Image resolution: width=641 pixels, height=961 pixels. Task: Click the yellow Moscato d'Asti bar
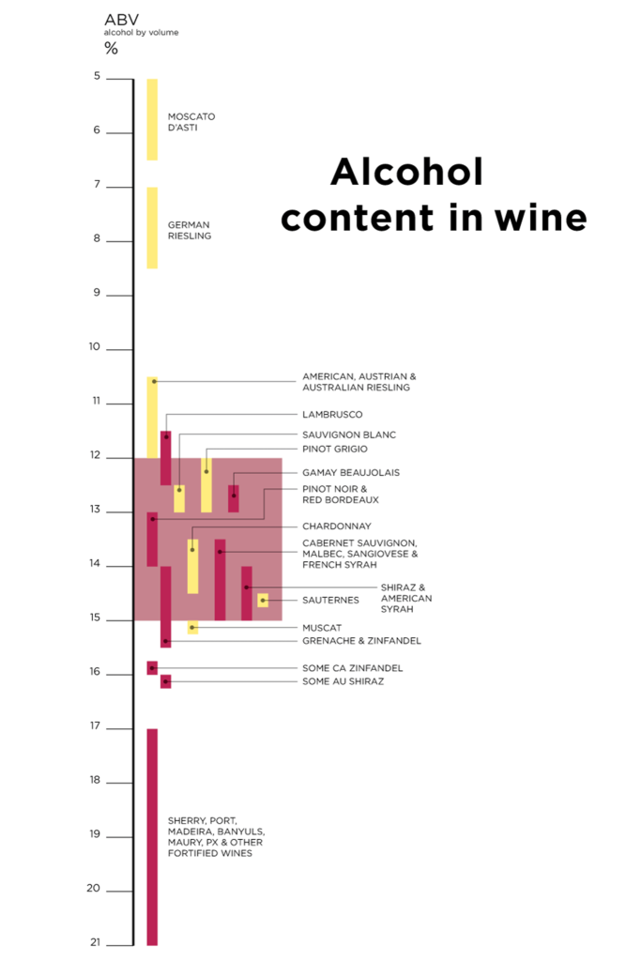click(x=152, y=119)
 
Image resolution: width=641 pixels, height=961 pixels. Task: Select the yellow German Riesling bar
click(x=152, y=228)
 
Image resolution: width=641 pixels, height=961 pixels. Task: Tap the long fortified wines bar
click(x=152, y=835)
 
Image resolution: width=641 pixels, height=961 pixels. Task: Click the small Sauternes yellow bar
click(x=263, y=600)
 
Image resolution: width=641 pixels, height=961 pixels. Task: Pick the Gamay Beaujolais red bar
click(x=234, y=498)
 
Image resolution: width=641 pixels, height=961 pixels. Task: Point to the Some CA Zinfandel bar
click(x=152, y=667)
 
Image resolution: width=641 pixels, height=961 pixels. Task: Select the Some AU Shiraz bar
click(x=165, y=681)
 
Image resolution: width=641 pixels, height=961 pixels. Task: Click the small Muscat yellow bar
click(x=192, y=627)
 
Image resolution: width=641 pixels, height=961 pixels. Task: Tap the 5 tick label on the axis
click(x=97, y=76)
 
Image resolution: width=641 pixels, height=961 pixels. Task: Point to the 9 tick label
click(x=96, y=293)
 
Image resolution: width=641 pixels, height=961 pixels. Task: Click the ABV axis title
click(x=118, y=18)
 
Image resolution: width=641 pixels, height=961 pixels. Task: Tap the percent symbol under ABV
click(x=111, y=49)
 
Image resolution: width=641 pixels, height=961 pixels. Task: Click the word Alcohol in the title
click(x=406, y=172)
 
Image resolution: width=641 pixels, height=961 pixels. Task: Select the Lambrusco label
click(x=332, y=414)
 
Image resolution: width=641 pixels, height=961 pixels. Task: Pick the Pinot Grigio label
click(x=335, y=449)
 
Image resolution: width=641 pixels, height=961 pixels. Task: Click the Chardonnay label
click(x=337, y=526)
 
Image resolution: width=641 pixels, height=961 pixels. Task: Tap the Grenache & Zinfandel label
click(x=361, y=640)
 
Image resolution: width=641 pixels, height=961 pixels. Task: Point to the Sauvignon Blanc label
click(x=349, y=435)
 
